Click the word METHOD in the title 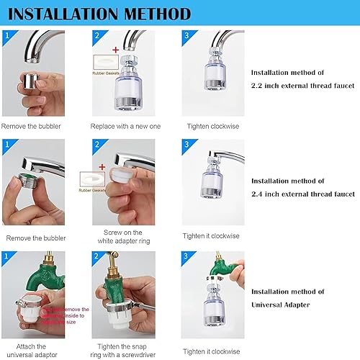pos(158,14)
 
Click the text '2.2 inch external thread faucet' pos(302,85)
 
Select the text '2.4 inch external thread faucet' pos(302,194)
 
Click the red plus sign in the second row pos(102,166)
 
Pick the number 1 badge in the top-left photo pos(6,35)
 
